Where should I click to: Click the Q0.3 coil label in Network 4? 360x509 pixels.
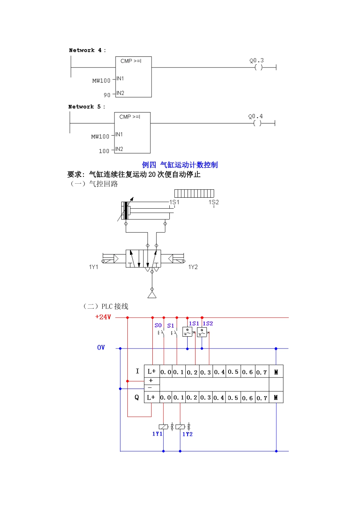pyautogui.click(x=257, y=61)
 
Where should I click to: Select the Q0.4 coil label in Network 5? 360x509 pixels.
pyautogui.click(x=255, y=117)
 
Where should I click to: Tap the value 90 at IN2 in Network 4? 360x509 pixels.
pyautogui.click(x=107, y=95)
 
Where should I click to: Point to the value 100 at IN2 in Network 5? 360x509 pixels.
pyautogui.click(x=104, y=151)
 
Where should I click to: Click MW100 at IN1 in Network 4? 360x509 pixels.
pyautogui.click(x=101, y=81)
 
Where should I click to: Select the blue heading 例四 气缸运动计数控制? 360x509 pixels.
pyautogui.click(x=180, y=165)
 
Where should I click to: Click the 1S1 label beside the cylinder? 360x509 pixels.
pyautogui.click(x=174, y=202)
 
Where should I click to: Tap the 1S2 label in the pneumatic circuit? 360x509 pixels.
pyautogui.click(x=214, y=202)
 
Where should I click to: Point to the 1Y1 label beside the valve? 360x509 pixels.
pyautogui.click(x=94, y=267)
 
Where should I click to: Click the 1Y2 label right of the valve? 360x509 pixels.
pyautogui.click(x=193, y=267)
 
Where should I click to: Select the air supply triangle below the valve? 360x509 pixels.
pyautogui.click(x=152, y=294)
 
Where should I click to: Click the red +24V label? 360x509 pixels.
pyautogui.click(x=103, y=317)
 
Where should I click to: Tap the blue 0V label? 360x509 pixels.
pyautogui.click(x=101, y=347)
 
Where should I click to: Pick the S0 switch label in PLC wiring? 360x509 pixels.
pyautogui.click(x=158, y=325)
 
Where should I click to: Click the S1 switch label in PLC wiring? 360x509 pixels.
pyautogui.click(x=171, y=326)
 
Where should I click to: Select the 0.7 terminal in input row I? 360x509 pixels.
pyautogui.click(x=261, y=372)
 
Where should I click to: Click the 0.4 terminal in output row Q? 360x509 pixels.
pyautogui.click(x=219, y=398)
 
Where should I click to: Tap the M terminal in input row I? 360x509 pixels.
pyautogui.click(x=276, y=372)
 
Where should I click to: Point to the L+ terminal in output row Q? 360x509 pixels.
pyautogui.click(x=151, y=398)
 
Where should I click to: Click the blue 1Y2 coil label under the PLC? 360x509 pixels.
pyautogui.click(x=187, y=434)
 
